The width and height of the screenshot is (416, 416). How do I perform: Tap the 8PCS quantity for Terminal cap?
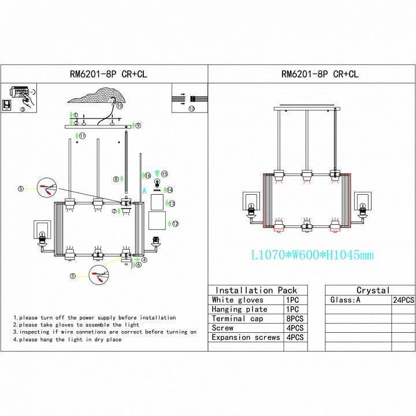click(x=295, y=318)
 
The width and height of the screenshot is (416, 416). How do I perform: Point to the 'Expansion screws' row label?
click(x=246, y=337)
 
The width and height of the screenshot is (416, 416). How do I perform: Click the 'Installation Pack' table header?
click(x=255, y=290)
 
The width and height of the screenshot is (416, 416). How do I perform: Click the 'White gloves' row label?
click(x=237, y=300)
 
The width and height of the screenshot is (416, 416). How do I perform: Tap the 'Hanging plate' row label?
click(x=240, y=309)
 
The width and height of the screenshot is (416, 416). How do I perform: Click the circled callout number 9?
click(x=138, y=125)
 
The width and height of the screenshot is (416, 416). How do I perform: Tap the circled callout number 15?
click(x=164, y=173)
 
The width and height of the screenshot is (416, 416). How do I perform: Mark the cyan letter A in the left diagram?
click(x=143, y=191)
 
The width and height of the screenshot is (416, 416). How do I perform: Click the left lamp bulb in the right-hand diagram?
click(x=251, y=207)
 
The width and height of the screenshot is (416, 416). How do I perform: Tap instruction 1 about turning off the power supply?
click(x=95, y=318)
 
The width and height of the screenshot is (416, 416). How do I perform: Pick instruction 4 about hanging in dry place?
click(x=68, y=340)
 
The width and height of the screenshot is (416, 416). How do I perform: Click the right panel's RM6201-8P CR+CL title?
click(x=311, y=74)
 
